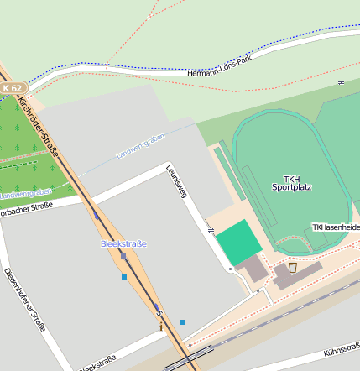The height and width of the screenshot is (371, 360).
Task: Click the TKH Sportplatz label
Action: tap(291, 183)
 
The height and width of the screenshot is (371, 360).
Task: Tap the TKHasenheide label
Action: tap(336, 227)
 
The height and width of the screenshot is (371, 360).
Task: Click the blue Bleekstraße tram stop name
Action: tap(123, 243)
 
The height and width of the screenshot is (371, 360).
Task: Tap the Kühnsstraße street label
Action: tap(341, 343)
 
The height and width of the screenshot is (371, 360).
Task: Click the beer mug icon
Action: tap(292, 268)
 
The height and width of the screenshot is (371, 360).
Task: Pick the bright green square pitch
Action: tap(237, 241)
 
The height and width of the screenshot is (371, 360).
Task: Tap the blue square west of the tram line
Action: tap(124, 276)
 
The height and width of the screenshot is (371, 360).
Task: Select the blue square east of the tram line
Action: tap(181, 321)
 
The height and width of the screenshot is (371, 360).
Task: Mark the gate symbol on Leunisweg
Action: tap(211, 229)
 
